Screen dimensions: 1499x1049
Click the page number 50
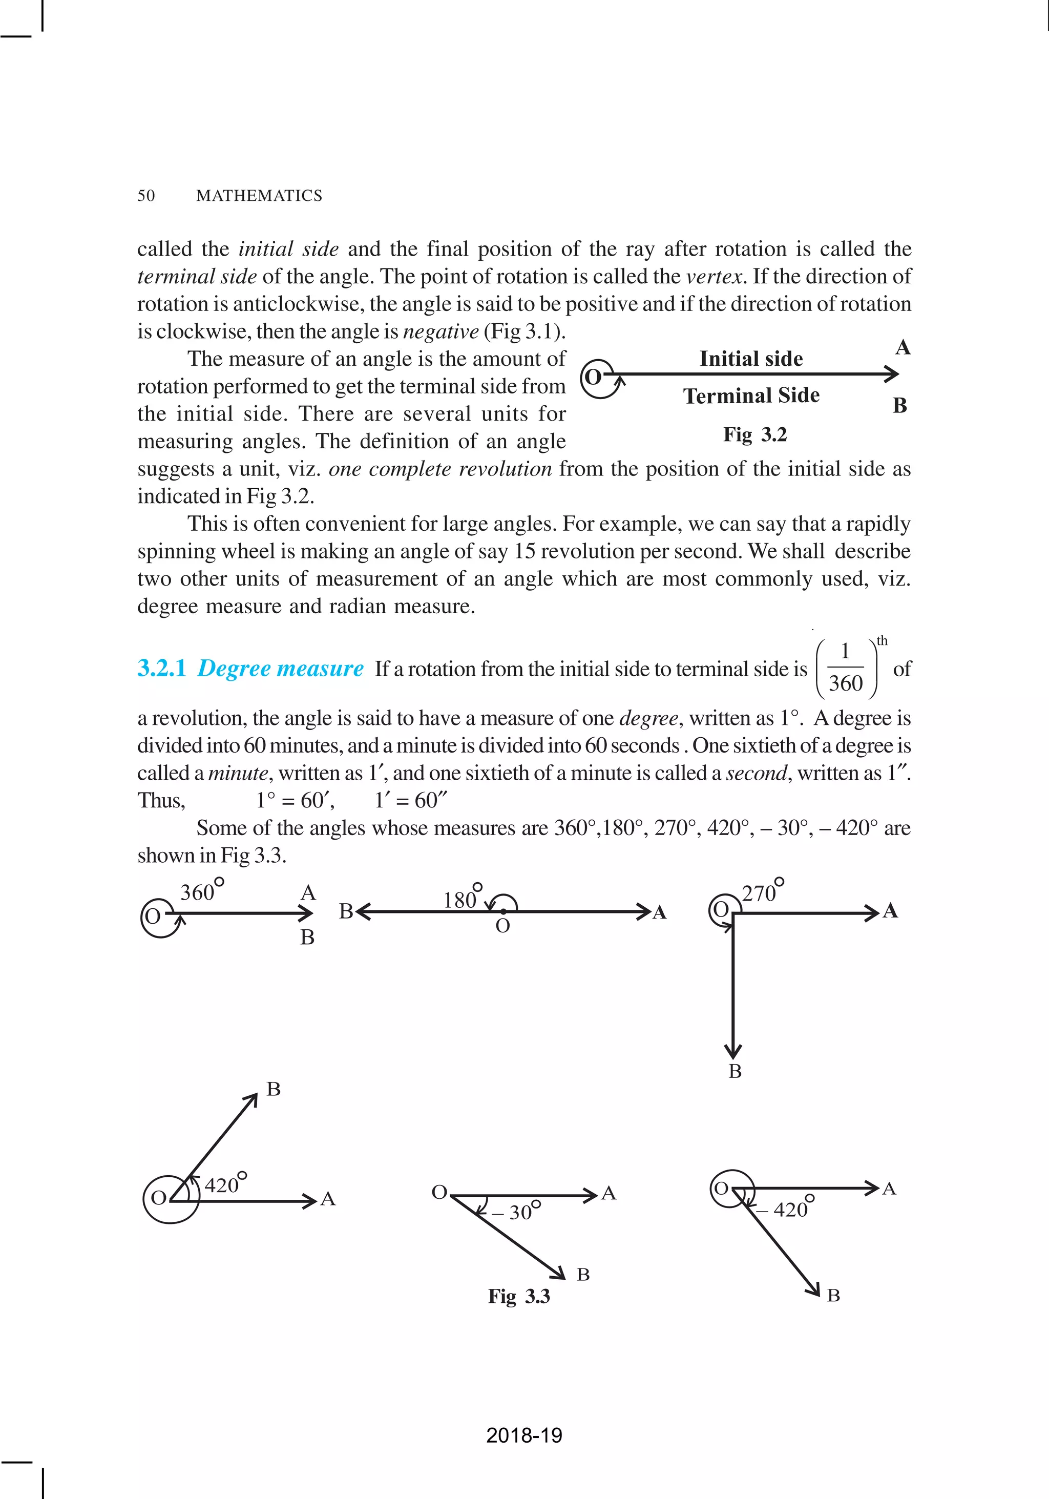click(146, 196)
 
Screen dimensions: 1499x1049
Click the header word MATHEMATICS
click(259, 196)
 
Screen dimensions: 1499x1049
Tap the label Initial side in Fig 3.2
click(751, 359)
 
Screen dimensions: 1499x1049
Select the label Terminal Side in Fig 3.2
click(751, 395)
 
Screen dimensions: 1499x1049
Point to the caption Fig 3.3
click(519, 1296)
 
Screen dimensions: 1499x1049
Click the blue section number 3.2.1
click(161, 669)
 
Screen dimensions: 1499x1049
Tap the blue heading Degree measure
click(280, 669)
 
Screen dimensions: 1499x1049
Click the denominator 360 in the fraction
click(845, 683)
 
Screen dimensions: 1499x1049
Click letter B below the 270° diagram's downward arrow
click(735, 1071)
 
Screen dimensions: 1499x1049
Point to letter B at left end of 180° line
click(345, 911)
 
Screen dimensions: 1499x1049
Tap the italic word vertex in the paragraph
click(714, 277)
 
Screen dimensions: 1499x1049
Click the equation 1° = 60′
click(295, 800)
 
